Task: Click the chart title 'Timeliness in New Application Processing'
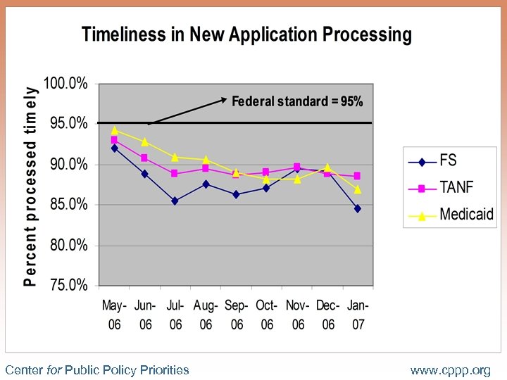pyautogui.click(x=246, y=34)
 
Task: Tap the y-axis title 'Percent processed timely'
pyautogui.click(x=30, y=186)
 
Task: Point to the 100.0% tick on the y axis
pyautogui.click(x=66, y=84)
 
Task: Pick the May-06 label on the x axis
pyautogui.click(x=114, y=315)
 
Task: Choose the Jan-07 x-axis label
pyautogui.click(x=358, y=315)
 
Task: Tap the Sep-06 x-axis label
pyautogui.click(x=237, y=315)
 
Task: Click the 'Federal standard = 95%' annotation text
pyautogui.click(x=297, y=102)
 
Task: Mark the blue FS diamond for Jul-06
pyautogui.click(x=175, y=201)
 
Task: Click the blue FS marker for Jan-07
pyautogui.click(x=358, y=208)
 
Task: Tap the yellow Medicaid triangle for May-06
pyautogui.click(x=114, y=130)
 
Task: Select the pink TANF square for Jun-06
pyautogui.click(x=144, y=158)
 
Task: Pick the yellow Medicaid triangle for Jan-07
pyautogui.click(x=358, y=189)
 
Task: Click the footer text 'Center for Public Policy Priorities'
pyautogui.click(x=97, y=369)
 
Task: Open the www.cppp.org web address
pyautogui.click(x=450, y=370)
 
